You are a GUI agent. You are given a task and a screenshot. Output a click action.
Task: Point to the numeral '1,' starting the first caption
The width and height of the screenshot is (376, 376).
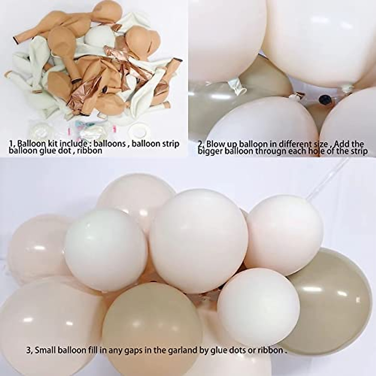click(x=12, y=144)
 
